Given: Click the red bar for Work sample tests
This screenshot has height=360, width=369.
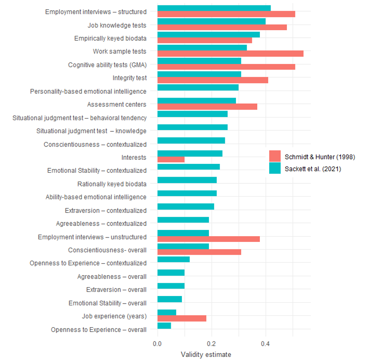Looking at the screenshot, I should pyautogui.click(x=230, y=54).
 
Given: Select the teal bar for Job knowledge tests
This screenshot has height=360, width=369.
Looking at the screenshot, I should pyautogui.click(x=212, y=21).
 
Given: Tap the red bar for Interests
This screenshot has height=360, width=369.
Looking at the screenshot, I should pyautogui.click(x=171, y=160).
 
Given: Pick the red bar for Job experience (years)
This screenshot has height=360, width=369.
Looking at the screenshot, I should pyautogui.click(x=182, y=318).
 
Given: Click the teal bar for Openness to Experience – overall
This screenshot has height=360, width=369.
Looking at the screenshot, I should pyautogui.click(x=164, y=326).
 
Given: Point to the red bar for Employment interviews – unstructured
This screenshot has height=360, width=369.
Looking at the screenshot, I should pyautogui.click(x=208, y=239).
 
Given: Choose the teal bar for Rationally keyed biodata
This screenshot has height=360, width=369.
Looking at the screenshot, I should pyautogui.click(x=187, y=180).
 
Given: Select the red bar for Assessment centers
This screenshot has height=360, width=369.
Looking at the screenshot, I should pyautogui.click(x=207, y=107).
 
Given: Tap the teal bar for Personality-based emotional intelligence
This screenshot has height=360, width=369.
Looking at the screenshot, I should pyautogui.click(x=198, y=87).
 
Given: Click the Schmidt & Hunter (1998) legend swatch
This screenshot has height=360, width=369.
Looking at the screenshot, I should pyautogui.click(x=275, y=157).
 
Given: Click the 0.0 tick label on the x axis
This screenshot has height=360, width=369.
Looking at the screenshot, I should pyautogui.click(x=157, y=343).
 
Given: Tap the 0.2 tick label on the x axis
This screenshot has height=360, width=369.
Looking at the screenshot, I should pyautogui.click(x=212, y=343).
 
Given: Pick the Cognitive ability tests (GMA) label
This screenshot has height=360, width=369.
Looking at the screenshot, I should pyautogui.click(x=107, y=65).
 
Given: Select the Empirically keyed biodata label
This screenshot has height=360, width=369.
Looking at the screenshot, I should pyautogui.click(x=110, y=39).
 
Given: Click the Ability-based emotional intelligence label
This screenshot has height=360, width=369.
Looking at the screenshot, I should pyautogui.click(x=96, y=197).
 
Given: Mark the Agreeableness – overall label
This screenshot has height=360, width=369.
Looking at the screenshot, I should pyautogui.click(x=112, y=277).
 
